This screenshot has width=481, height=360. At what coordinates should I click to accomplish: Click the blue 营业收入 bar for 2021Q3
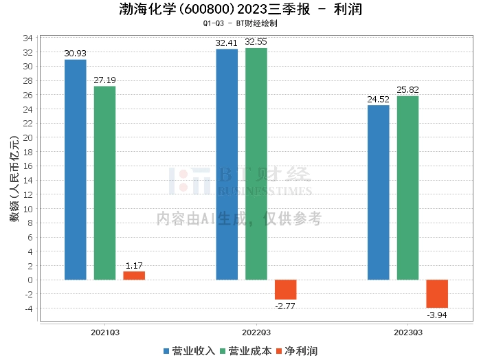(x=76, y=170)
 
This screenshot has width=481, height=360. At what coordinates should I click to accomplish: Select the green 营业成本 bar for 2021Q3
(x=104, y=183)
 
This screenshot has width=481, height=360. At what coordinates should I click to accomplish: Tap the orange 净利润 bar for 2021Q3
(x=134, y=275)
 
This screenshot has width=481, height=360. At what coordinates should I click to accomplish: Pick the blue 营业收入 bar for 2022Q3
(x=227, y=164)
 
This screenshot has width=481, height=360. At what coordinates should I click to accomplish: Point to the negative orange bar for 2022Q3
(x=286, y=289)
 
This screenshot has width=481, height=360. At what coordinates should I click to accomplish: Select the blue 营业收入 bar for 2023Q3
(x=379, y=192)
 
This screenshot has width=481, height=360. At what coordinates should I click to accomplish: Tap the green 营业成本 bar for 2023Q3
(x=407, y=188)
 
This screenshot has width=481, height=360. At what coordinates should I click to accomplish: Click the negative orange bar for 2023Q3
(x=437, y=293)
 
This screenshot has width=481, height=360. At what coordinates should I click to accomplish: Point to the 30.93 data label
(x=76, y=54)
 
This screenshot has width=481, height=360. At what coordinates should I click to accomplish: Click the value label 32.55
(x=256, y=42)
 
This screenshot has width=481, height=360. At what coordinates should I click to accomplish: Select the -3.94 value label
(x=437, y=315)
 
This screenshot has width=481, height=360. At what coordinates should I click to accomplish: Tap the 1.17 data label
(x=134, y=265)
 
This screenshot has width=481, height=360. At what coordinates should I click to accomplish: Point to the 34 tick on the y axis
(x=28, y=38)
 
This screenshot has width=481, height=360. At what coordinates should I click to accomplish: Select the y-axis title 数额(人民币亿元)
(x=14, y=180)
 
